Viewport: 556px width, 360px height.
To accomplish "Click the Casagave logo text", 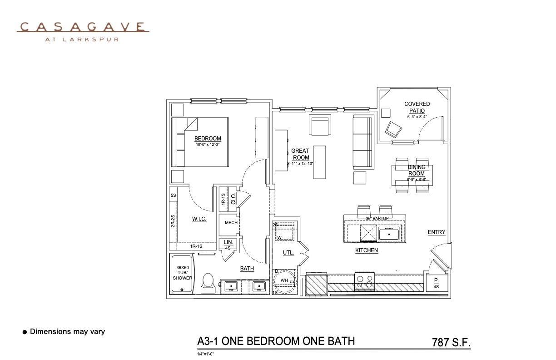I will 83,27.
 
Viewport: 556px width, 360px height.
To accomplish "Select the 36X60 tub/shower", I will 182,274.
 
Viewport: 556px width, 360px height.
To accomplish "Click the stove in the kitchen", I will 364,281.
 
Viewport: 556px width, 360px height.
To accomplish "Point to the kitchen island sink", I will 389,234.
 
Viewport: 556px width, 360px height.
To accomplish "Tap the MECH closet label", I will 231,223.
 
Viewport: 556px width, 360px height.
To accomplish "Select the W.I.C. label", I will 199,219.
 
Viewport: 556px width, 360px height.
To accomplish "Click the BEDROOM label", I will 208,139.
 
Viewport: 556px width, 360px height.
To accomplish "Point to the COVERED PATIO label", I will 417,107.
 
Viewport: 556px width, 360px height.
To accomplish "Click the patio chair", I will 393,130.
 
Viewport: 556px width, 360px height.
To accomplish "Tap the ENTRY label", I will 437,232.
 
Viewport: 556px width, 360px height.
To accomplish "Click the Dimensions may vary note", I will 67,332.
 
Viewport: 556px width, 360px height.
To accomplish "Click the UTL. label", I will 288,253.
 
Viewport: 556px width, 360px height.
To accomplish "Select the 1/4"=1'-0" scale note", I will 205,353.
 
